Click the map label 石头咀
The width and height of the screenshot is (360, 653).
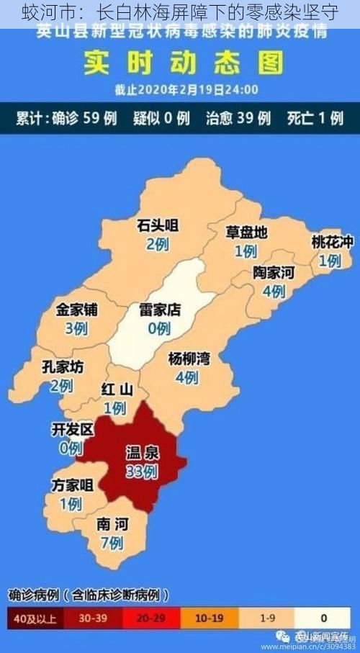click(158, 226)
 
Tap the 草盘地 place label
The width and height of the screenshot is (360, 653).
click(246, 233)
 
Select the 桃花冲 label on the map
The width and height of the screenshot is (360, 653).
click(332, 243)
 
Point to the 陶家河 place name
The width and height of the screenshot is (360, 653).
click(274, 273)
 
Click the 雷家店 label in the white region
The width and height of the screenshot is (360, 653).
click(159, 310)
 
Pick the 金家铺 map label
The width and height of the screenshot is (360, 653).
click(77, 310)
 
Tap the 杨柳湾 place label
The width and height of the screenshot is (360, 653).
click(189, 359)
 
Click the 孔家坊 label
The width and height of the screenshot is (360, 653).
click(63, 367)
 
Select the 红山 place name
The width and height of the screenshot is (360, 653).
click(116, 390)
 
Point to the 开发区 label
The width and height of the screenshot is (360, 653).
click(73, 430)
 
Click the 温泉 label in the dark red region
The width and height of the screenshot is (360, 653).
click(143, 454)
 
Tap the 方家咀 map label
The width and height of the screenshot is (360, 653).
click(72, 485)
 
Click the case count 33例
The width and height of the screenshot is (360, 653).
click(141, 472)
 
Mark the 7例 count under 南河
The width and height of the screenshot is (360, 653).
click(112, 543)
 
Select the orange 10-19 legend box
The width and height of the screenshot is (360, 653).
click(210, 618)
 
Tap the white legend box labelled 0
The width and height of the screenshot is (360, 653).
click(324, 618)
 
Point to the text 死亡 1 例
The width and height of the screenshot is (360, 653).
click(315, 118)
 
